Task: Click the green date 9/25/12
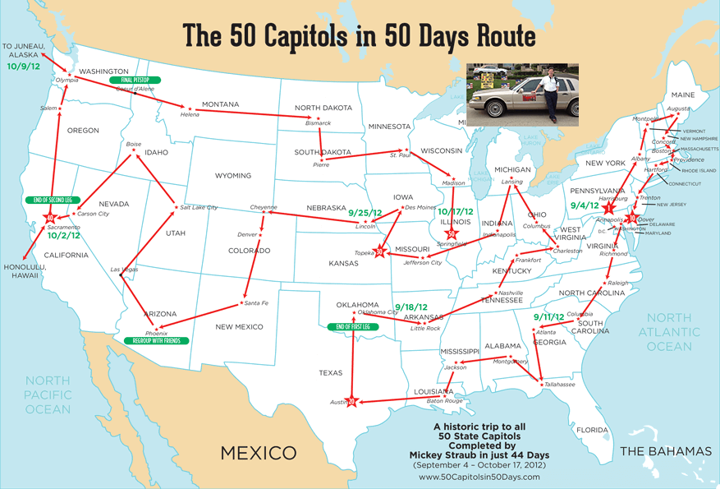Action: [x=365, y=212]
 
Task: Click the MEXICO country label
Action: [x=258, y=453]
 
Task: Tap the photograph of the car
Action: [x=523, y=93]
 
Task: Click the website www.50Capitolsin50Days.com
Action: [x=478, y=477]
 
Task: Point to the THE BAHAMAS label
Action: [x=666, y=451]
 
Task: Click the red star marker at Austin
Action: [x=351, y=402]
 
